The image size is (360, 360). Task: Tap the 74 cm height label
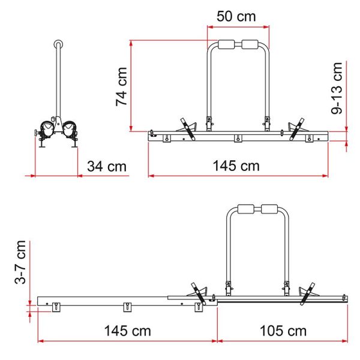[x=122, y=86]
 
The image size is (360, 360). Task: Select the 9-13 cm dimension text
[x=338, y=88]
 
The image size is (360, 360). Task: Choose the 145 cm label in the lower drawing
[x=128, y=331]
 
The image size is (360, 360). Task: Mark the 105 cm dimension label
[x=284, y=331]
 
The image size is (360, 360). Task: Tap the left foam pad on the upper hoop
[x=229, y=45]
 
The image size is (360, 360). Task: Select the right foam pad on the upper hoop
[x=253, y=45]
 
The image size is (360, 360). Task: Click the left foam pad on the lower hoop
[x=247, y=209]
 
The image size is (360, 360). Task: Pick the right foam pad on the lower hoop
[x=271, y=209]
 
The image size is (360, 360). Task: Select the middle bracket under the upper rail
[x=238, y=140]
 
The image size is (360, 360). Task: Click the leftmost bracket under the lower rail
[x=56, y=307]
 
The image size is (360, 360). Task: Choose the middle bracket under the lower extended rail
[x=127, y=307]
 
